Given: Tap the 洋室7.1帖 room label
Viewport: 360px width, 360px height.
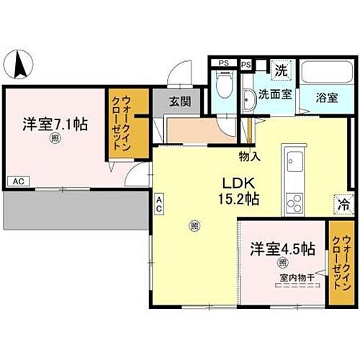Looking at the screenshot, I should pyautogui.click(x=55, y=124).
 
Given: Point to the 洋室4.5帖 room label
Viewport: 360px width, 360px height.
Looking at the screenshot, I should pyautogui.click(x=282, y=248).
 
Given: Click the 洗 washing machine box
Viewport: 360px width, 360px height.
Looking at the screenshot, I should pyautogui.click(x=282, y=71).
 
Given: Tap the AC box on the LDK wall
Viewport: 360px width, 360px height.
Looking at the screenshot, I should pyautogui.click(x=158, y=203).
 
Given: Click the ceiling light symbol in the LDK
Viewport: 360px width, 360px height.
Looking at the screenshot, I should pyautogui.click(x=194, y=227).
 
